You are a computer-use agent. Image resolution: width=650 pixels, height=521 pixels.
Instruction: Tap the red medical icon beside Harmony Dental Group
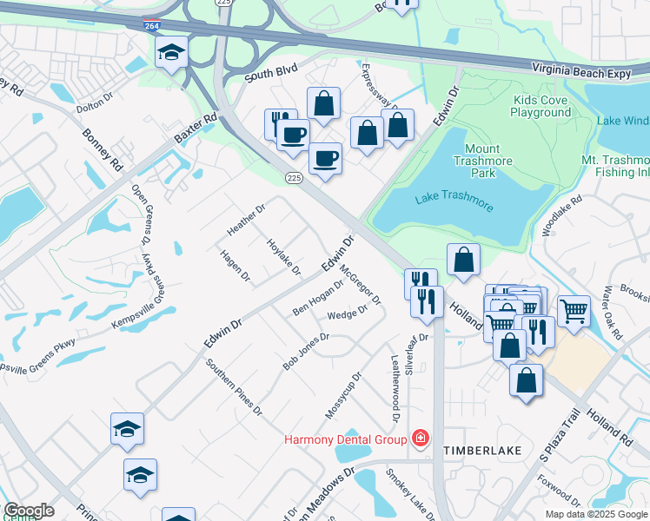[x=421, y=438]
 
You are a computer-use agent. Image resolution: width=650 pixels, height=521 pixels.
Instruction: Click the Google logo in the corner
[x=29, y=511]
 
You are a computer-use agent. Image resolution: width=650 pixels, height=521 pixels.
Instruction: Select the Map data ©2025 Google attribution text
[x=595, y=514]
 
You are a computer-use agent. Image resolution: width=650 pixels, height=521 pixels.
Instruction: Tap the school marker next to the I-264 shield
[x=171, y=52]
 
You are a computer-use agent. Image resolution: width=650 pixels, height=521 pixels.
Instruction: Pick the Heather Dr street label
[x=246, y=215]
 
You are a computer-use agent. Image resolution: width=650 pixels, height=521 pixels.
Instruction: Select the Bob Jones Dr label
[x=306, y=351]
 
